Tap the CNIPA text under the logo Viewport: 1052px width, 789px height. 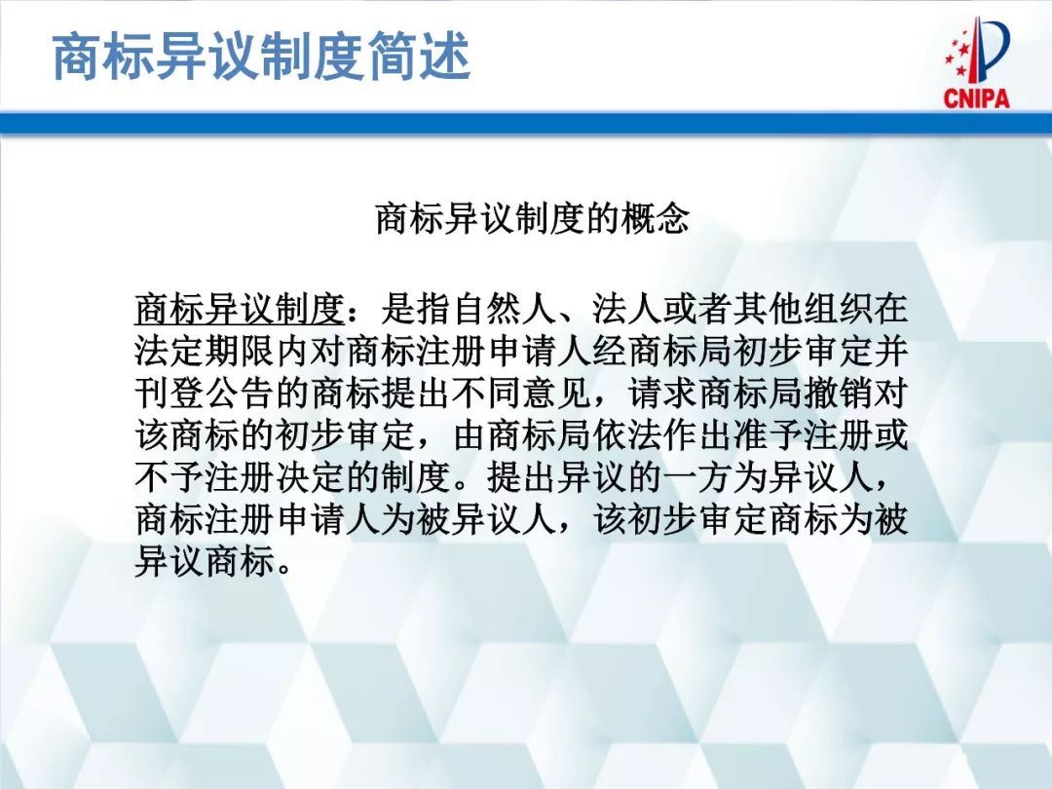click(976, 98)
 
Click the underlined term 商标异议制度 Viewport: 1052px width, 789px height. click(240, 310)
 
